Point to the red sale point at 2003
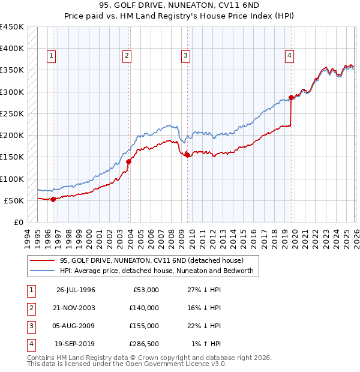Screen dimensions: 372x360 [129, 161]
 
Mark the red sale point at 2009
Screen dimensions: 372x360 [187, 155]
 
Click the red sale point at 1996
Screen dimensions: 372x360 [53, 199]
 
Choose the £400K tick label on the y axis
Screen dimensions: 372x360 [11, 49]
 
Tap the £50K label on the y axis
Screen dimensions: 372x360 [13, 200]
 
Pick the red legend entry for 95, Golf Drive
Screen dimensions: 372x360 [151, 261]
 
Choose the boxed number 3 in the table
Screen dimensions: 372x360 [30, 326]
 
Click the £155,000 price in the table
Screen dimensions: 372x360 [143, 326]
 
